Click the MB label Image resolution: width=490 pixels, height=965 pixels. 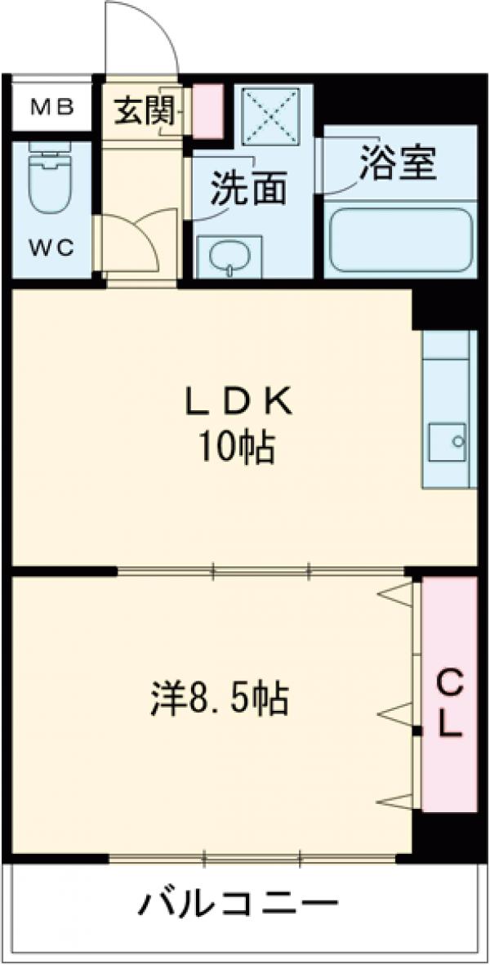pos(52,106)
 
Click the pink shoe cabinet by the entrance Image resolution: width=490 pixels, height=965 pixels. pos(207,109)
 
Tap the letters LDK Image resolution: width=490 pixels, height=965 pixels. pos(237,400)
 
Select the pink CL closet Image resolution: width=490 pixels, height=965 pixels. pos(448,701)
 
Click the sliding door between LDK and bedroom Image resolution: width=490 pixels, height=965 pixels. pos(261,570)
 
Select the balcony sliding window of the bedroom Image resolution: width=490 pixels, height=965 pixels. pos(253,858)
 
